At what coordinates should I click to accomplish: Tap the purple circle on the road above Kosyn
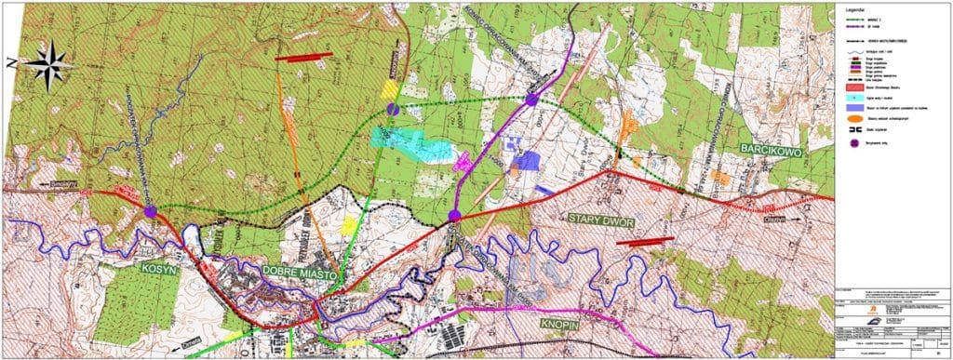click(x=151, y=213)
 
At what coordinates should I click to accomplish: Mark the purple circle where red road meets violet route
click(x=454, y=216)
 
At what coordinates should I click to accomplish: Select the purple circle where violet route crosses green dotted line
click(x=531, y=99)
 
